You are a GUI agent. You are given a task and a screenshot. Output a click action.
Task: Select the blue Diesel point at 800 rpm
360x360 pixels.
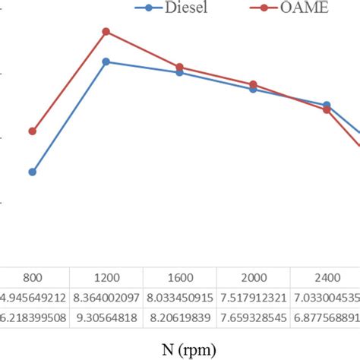tap(32, 172)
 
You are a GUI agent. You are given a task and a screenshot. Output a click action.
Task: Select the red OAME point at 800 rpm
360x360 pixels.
tap(32, 131)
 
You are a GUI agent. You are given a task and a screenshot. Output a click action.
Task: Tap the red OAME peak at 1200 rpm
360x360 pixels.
tap(106, 32)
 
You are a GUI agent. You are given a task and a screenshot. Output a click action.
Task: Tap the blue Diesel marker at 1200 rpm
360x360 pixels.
tap(106, 62)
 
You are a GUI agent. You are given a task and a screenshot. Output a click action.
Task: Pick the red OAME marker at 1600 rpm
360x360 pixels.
tap(179, 67)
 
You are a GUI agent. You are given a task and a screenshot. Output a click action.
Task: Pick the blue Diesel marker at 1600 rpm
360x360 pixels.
tap(179, 72)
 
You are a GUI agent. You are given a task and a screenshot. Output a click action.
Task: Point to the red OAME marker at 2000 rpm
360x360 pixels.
tap(253, 84)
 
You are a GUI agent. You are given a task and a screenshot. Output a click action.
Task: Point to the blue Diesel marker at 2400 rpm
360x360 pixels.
tap(327, 105)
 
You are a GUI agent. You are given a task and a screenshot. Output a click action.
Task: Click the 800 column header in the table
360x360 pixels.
tap(32, 278)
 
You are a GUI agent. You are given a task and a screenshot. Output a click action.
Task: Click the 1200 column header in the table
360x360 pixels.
tap(106, 278)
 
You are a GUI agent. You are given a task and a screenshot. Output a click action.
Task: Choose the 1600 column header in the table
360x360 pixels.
tap(179, 278)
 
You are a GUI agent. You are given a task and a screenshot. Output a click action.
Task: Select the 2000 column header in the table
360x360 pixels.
tap(253, 278)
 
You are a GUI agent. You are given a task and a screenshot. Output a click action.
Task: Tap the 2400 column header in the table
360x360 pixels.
tap(327, 278)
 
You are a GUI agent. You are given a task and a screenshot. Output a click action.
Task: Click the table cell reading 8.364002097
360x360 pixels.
tap(106, 296)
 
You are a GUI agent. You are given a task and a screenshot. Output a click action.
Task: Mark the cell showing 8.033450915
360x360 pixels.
tap(179, 296)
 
